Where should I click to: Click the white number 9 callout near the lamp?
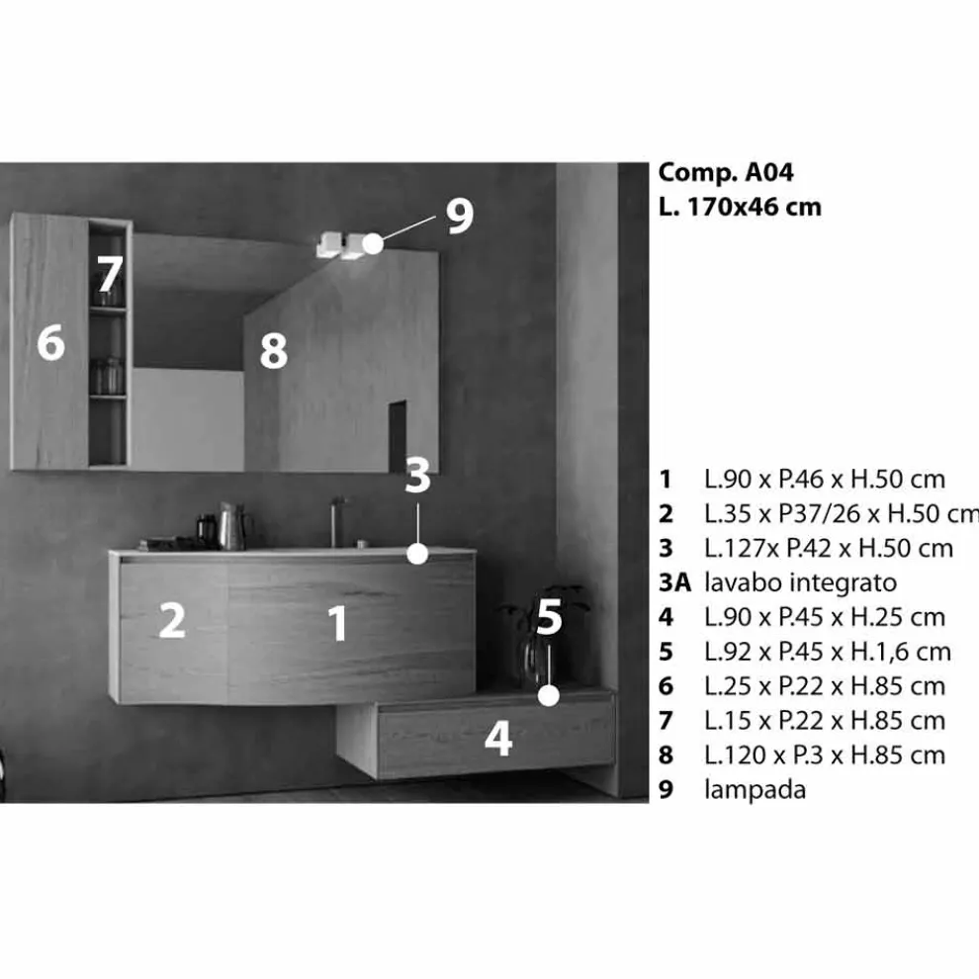tap(460, 216)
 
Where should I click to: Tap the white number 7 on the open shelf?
tap(109, 274)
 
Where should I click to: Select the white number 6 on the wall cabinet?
tap(51, 342)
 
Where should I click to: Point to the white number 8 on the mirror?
tap(274, 350)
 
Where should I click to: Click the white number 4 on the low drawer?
tap(498, 739)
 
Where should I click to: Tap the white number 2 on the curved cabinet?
tap(172, 620)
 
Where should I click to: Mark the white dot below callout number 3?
tap(417, 554)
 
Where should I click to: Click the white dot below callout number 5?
tap(549, 695)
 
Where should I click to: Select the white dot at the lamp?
tap(373, 243)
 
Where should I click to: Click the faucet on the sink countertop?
tap(336, 522)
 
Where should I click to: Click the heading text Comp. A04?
tap(726, 173)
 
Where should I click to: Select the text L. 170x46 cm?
tap(740, 207)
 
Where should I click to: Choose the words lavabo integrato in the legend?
tap(800, 582)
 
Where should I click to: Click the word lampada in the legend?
tap(755, 790)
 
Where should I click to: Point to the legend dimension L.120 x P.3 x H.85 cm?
tap(824, 755)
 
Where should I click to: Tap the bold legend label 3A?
tap(675, 582)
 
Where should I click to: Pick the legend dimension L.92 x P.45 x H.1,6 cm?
tap(828, 652)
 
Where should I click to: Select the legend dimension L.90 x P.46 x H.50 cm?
tap(824, 480)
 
